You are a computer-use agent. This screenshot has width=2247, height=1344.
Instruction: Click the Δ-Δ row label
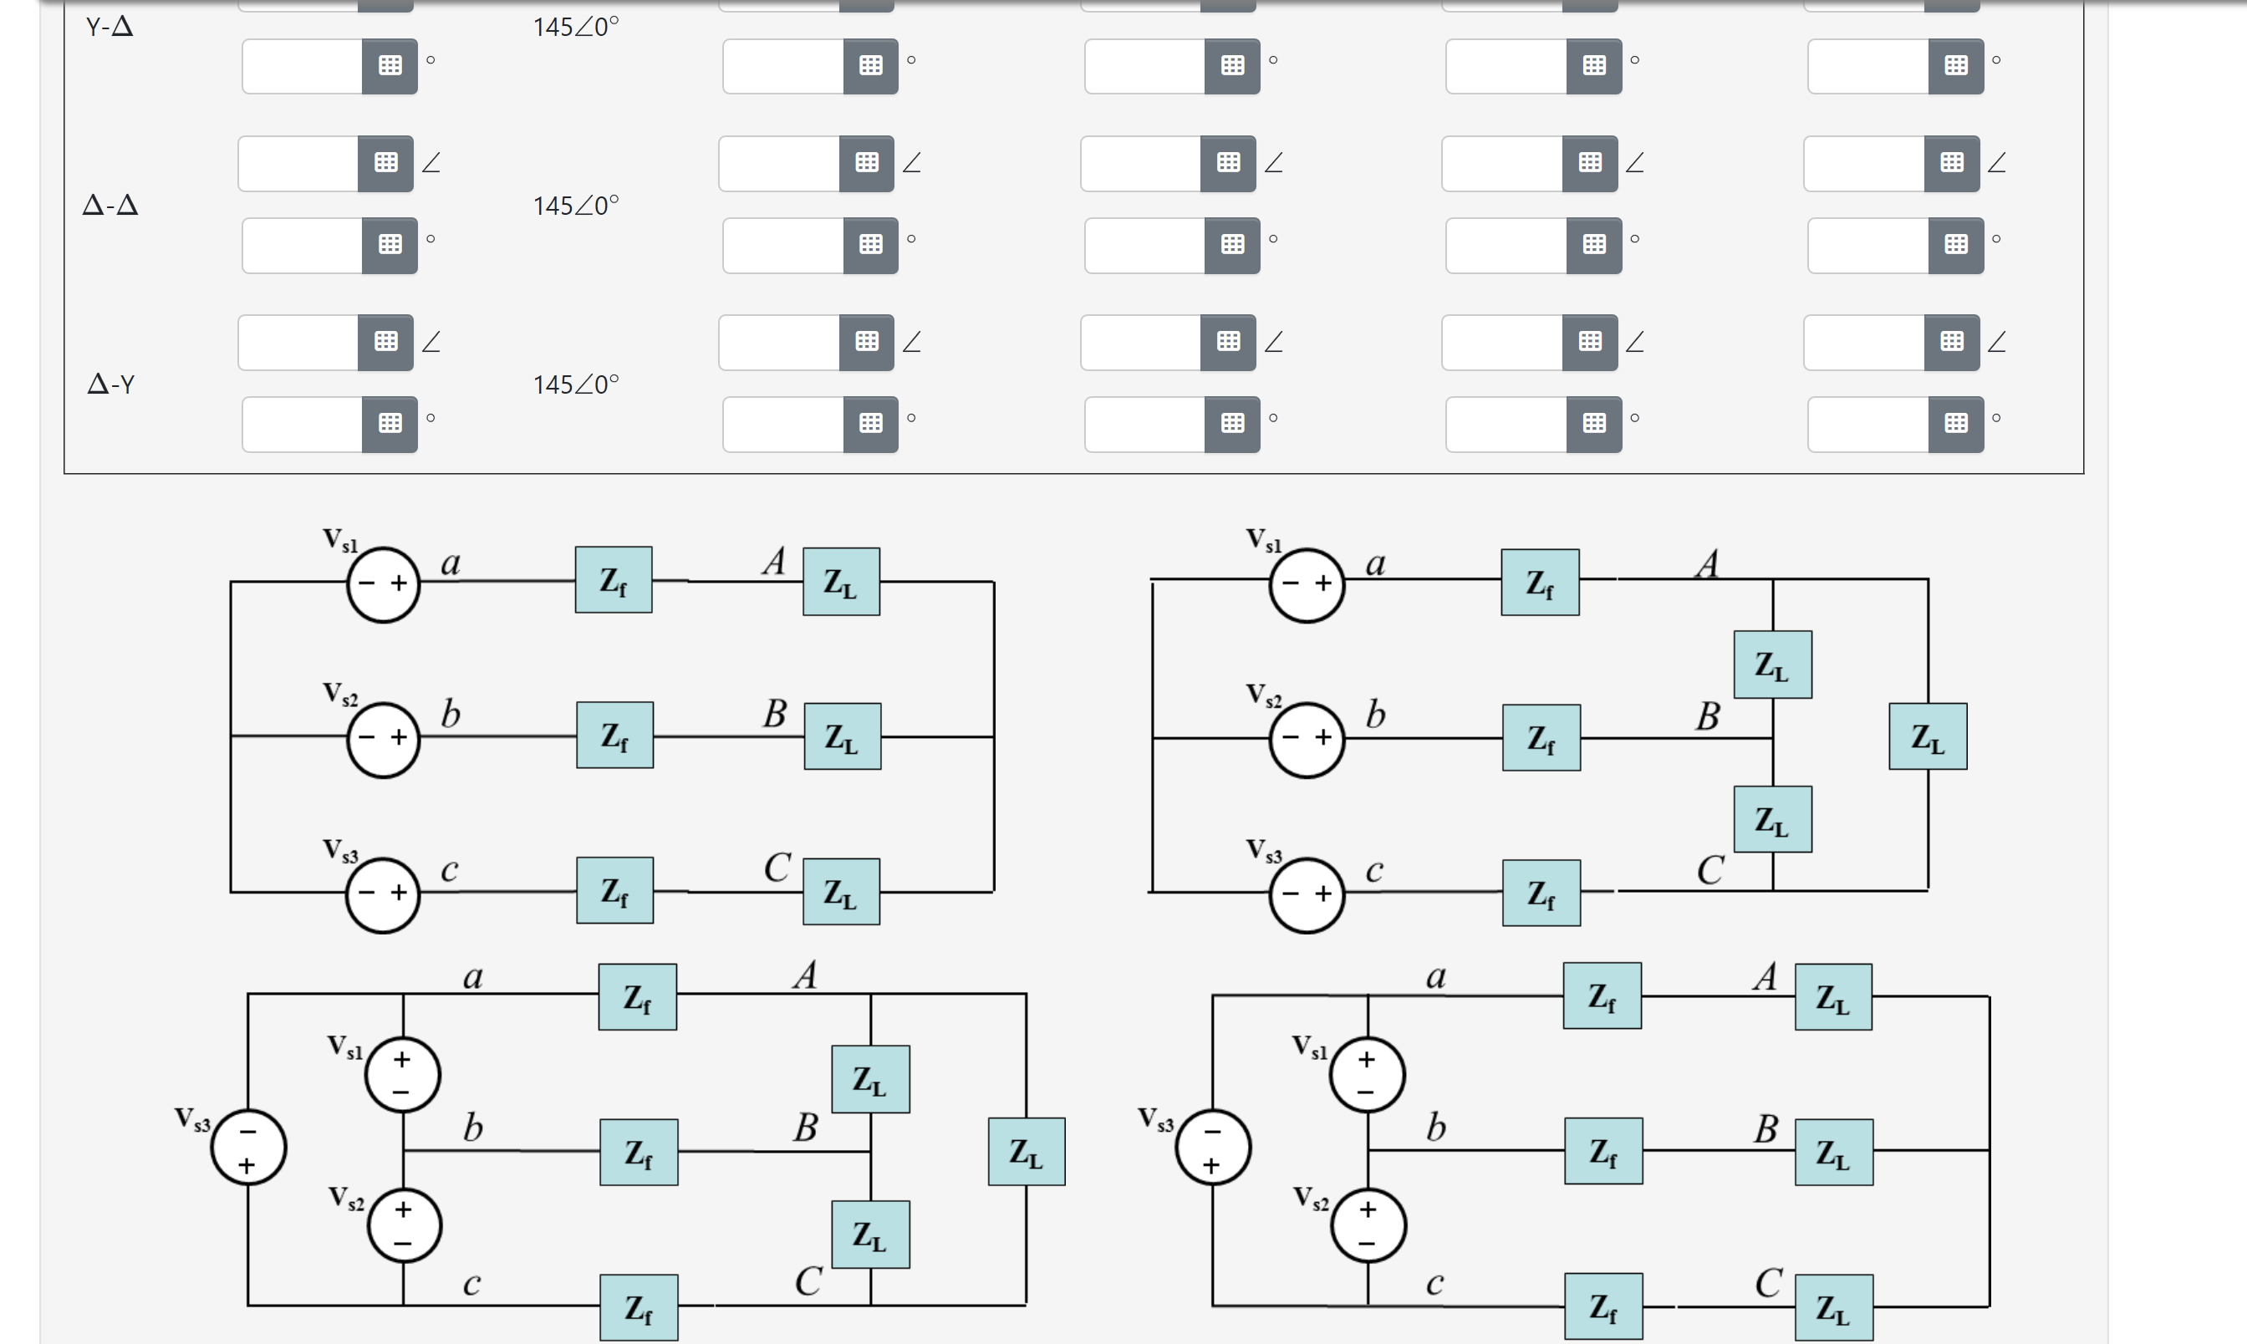[110, 206]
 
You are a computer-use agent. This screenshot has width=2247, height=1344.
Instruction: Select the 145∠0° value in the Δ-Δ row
[575, 206]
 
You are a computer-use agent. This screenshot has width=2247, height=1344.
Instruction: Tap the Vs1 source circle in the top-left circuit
[383, 584]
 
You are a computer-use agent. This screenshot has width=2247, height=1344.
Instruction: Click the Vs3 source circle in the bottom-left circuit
[248, 1148]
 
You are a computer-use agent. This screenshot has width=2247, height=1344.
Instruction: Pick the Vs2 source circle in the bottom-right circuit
[1368, 1225]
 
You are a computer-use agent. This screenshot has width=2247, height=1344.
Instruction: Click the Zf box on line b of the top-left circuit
[615, 736]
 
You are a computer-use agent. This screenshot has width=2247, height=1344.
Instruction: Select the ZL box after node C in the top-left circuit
[840, 892]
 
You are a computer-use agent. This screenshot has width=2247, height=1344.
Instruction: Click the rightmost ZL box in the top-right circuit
[1928, 736]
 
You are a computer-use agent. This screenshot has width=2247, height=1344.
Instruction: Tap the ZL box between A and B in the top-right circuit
[1772, 664]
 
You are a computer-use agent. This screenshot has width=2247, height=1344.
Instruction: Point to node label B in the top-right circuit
[1707, 716]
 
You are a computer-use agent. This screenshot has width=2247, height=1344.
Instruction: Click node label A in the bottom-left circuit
[805, 975]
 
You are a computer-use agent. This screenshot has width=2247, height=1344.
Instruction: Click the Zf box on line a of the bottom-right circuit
[1602, 996]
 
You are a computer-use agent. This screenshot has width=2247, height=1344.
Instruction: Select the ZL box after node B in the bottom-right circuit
[1833, 1153]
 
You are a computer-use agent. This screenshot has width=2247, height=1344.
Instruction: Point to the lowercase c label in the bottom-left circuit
[471, 1283]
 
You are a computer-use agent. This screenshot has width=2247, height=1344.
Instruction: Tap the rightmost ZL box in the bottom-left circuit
[1027, 1152]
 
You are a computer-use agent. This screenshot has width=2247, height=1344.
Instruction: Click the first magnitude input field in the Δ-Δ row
[298, 163]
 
